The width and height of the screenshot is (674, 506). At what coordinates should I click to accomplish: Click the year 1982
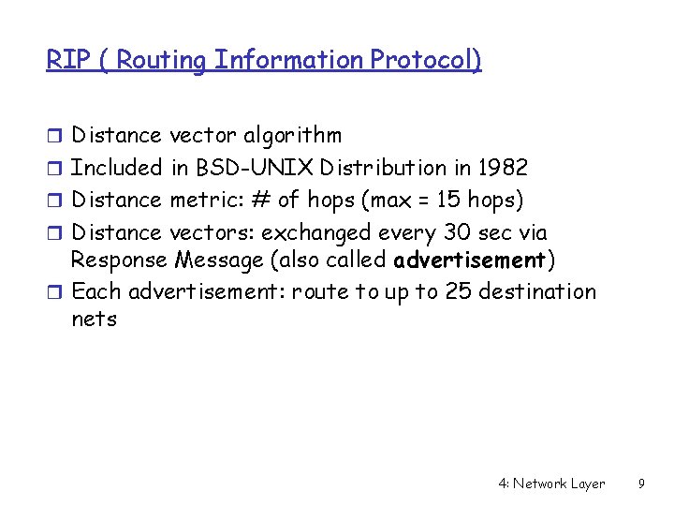tap(502, 169)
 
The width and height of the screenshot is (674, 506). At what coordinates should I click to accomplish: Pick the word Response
tap(119, 259)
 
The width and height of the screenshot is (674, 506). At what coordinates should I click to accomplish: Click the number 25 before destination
tap(459, 291)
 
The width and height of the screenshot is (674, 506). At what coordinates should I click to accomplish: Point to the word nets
tap(94, 320)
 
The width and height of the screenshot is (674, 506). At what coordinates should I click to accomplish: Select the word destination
tap(537, 291)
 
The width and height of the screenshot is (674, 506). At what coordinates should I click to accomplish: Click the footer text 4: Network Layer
tap(551, 484)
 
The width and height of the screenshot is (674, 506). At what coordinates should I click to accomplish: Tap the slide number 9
tap(640, 484)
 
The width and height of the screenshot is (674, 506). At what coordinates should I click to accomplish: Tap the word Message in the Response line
tap(216, 259)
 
